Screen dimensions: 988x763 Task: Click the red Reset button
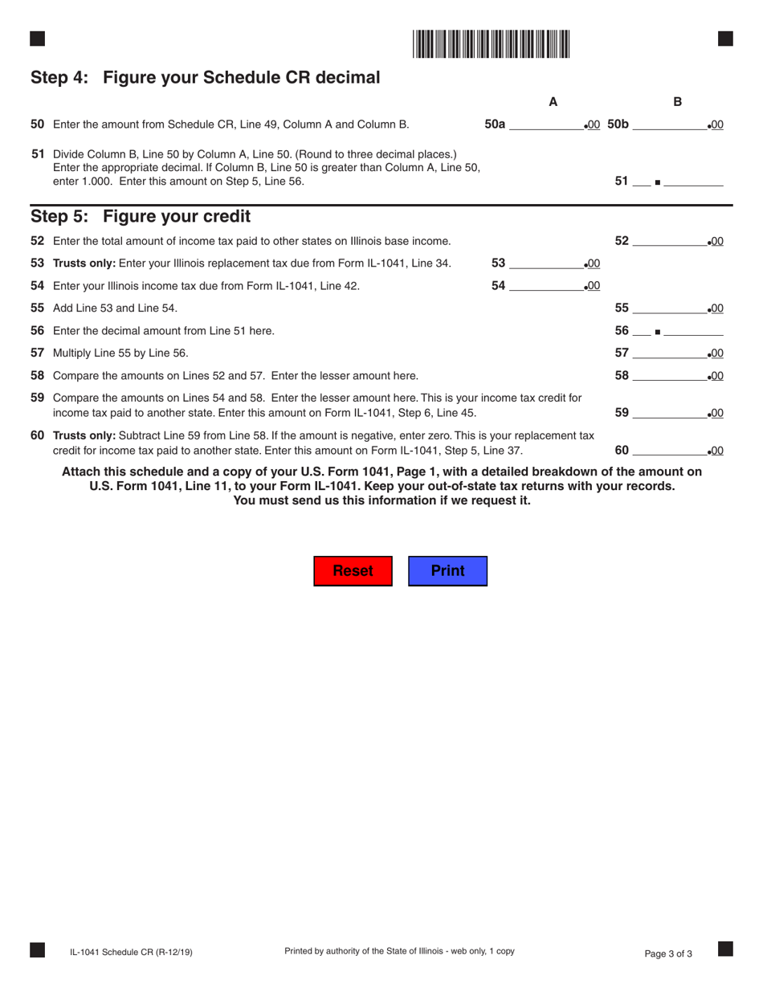coord(353,571)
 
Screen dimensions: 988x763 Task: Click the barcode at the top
coord(492,43)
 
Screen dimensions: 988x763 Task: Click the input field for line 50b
coord(669,125)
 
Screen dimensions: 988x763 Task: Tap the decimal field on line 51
coord(694,182)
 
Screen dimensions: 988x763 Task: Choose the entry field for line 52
coord(669,241)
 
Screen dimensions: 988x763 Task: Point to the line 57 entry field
coord(669,353)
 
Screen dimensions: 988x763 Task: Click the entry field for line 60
coord(669,450)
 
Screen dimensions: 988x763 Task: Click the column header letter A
coord(553,102)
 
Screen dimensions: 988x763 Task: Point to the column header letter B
coord(677,102)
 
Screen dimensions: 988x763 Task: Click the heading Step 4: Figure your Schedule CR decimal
coord(205,78)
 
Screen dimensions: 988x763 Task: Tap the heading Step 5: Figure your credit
coord(141,217)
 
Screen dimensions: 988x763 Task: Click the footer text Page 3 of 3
coord(668,954)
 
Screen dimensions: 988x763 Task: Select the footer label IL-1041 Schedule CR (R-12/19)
coord(131,953)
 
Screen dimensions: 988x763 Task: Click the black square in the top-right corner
coord(724,39)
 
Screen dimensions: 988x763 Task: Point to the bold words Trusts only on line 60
coord(84,435)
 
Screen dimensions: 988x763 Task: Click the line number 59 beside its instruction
coord(38,398)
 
